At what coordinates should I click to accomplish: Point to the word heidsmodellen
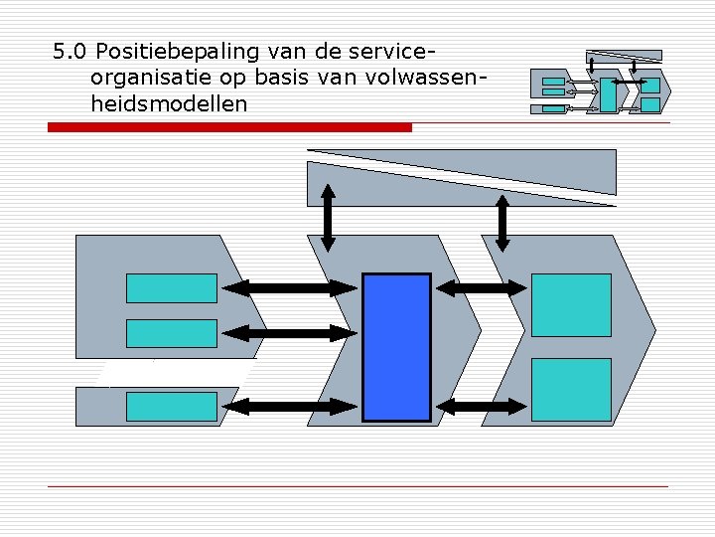(168, 103)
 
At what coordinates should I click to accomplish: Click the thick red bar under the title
(230, 127)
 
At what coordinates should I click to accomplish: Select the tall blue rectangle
(396, 347)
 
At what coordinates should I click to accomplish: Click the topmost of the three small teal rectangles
(171, 287)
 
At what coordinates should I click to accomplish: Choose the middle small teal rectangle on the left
(171, 333)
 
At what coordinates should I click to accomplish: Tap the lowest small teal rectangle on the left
(171, 406)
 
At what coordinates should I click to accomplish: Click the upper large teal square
(571, 304)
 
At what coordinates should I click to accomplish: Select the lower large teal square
(571, 391)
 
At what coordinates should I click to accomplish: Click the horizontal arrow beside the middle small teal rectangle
(289, 333)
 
